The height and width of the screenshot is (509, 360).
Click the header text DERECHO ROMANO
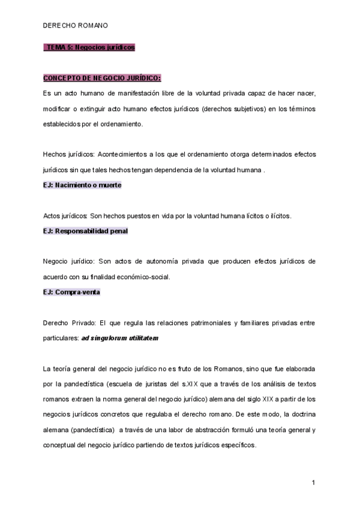(x=76, y=26)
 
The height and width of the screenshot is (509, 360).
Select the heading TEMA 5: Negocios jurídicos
(x=89, y=47)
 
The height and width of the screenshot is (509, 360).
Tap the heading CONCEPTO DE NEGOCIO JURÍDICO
(x=102, y=78)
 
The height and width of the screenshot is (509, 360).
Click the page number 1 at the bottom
(x=313, y=483)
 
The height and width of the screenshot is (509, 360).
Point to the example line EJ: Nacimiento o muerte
(x=82, y=185)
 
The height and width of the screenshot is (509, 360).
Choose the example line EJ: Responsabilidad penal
(x=85, y=230)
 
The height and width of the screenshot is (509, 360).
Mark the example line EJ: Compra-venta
(x=71, y=292)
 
